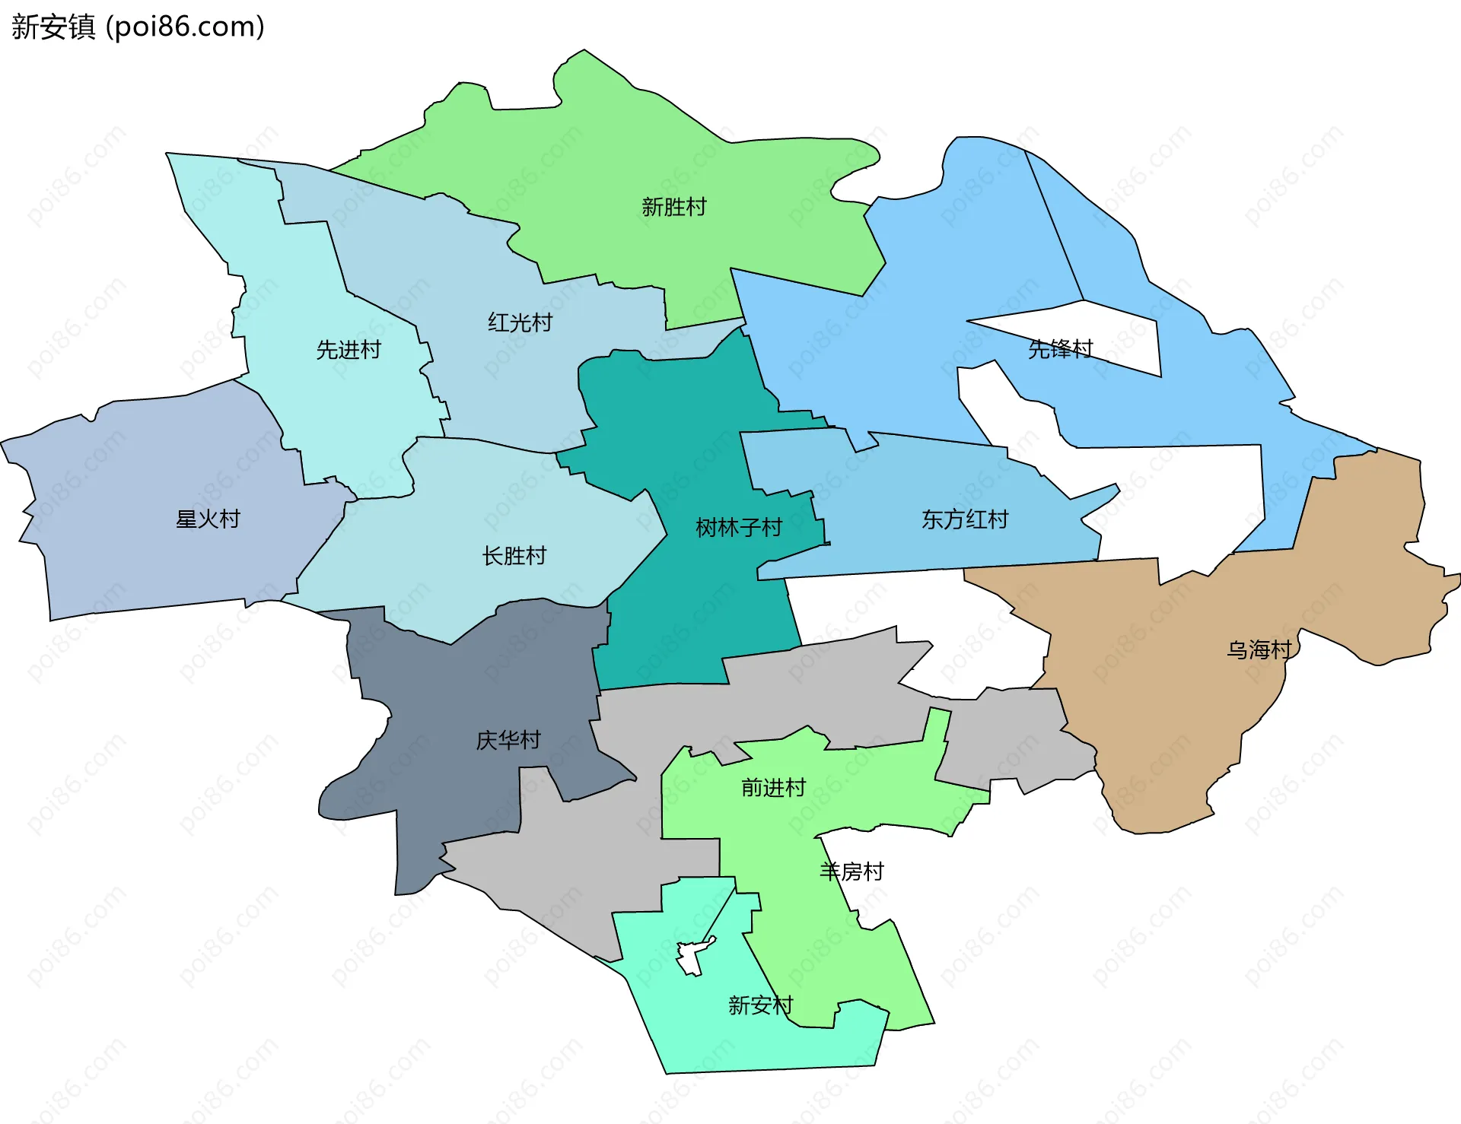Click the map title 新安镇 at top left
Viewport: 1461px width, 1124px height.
pyautogui.click(x=53, y=27)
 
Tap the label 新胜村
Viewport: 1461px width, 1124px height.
pyautogui.click(x=673, y=207)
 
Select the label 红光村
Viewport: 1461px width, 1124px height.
pyautogui.click(x=520, y=322)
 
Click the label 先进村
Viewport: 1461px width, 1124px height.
pyautogui.click(x=349, y=350)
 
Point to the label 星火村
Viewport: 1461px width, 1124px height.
pyautogui.click(x=208, y=519)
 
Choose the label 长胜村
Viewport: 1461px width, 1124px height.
pyautogui.click(x=514, y=556)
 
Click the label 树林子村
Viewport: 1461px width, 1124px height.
pyautogui.click(x=738, y=528)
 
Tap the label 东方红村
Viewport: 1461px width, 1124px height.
pyautogui.click(x=964, y=519)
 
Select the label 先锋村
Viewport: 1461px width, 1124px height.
pyautogui.click(x=1059, y=349)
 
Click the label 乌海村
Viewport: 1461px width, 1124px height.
pyautogui.click(x=1259, y=649)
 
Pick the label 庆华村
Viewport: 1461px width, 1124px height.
pyautogui.click(x=508, y=740)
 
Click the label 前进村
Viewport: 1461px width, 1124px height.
pyautogui.click(x=773, y=788)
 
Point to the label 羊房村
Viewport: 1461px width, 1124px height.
pyautogui.click(x=851, y=872)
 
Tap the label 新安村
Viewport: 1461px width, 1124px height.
pyautogui.click(x=759, y=1005)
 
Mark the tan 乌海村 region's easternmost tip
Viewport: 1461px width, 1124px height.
pyautogui.click(x=1455, y=580)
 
